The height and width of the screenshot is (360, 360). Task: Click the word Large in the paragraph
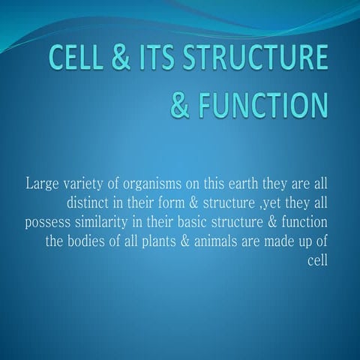42,183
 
